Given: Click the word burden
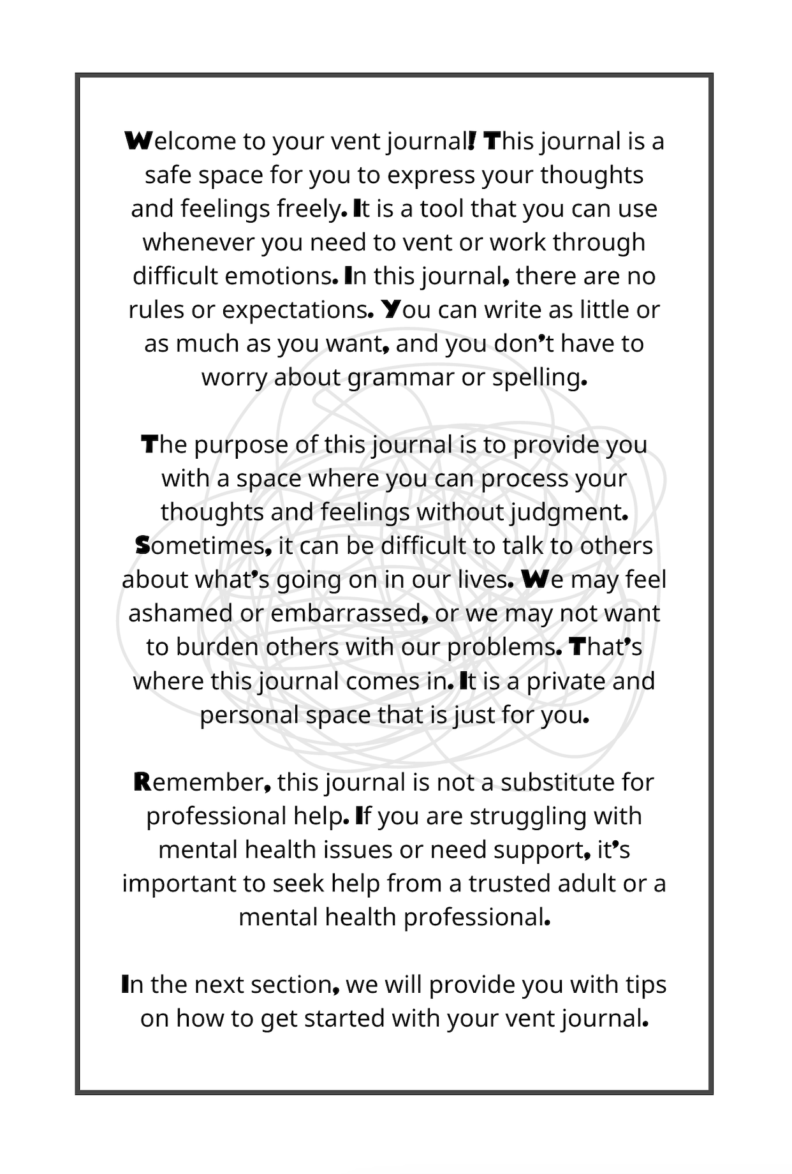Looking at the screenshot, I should tap(217, 648).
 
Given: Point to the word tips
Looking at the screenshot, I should tap(645, 985).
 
